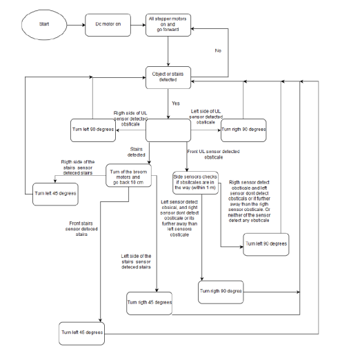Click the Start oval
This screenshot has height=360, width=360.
point(43,26)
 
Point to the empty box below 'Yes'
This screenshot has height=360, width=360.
point(168,128)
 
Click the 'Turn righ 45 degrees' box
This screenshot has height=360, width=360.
point(150,302)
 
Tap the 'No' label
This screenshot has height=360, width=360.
point(218,51)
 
